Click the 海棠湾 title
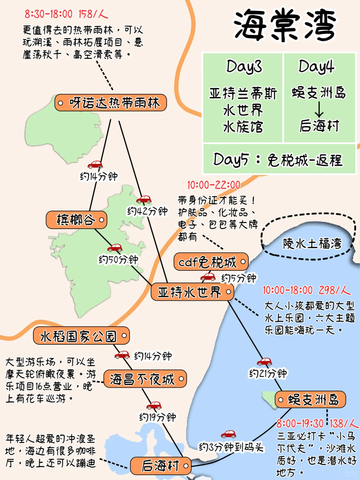pos(284,26)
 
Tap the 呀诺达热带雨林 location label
pos(111,103)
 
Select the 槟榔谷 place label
pos(77,220)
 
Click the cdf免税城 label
pos(211,262)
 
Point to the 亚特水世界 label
pos(192,292)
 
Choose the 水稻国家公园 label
pos(81,336)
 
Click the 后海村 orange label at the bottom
pos(161,466)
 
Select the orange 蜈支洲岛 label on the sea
pos(310,399)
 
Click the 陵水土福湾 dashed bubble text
pos(312,244)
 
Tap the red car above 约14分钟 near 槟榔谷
pos(95,164)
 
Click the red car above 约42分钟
pos(144,199)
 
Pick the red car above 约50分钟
pos(115,248)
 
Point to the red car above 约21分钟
pos(264,361)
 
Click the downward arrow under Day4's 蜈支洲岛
pos(319,109)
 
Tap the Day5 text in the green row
pos(231,160)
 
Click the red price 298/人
pos(334,290)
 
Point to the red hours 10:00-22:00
pos(213,185)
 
